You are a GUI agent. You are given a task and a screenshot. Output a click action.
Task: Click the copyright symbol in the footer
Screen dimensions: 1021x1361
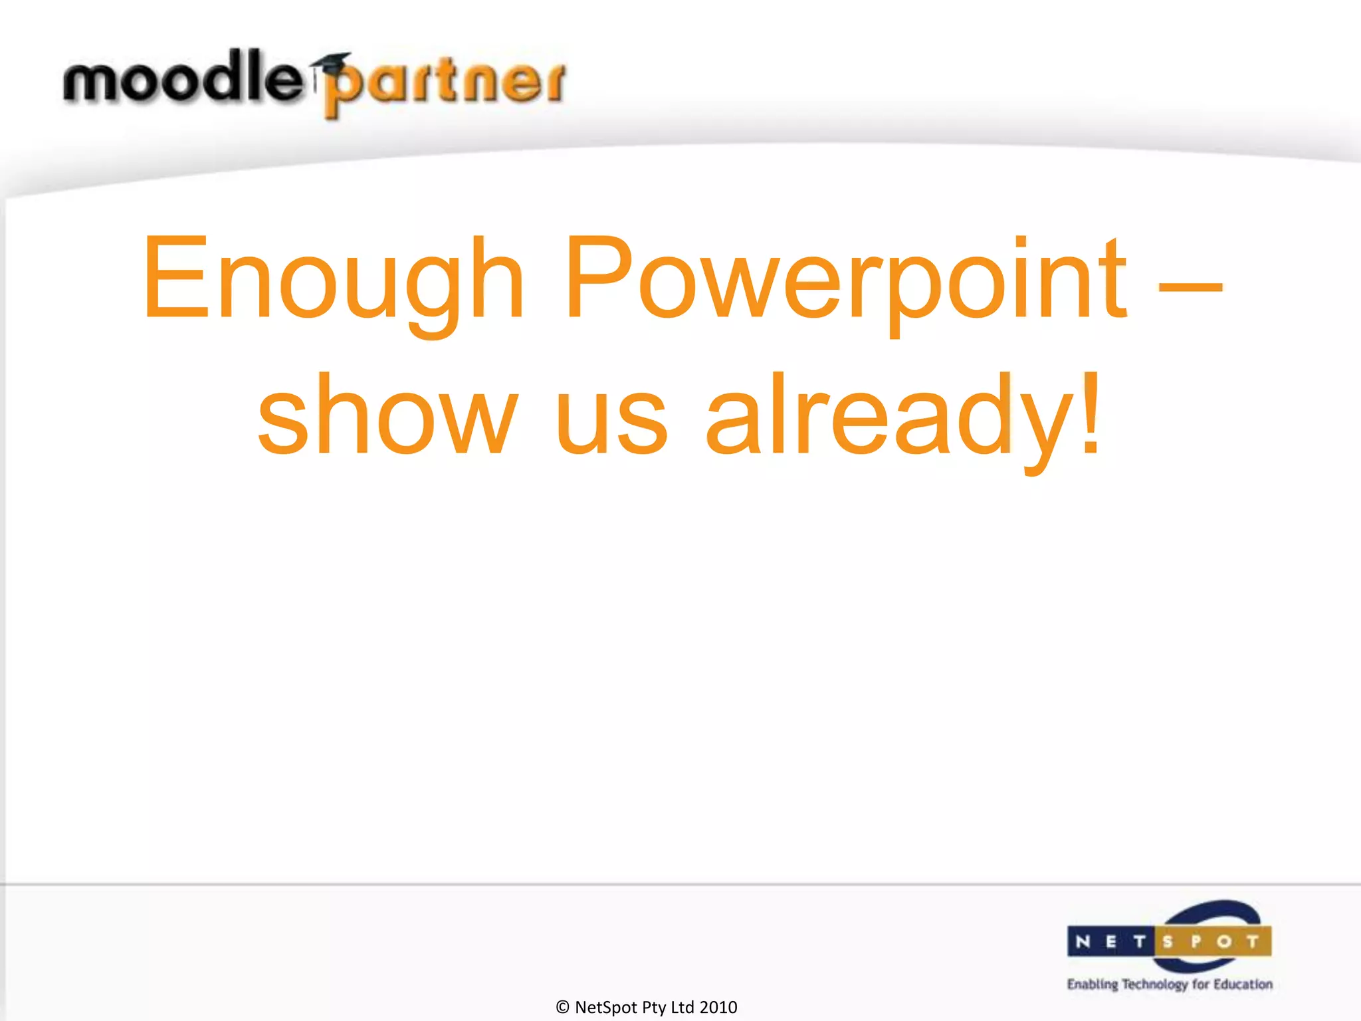point(562,1007)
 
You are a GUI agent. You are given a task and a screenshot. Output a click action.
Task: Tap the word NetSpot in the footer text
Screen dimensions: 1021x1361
point(606,1007)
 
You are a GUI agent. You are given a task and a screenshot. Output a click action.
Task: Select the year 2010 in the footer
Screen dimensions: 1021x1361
point(718,1007)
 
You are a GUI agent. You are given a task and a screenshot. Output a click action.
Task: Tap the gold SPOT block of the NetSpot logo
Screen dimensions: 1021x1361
point(1213,941)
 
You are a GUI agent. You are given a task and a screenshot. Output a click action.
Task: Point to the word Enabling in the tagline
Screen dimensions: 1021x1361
point(1093,984)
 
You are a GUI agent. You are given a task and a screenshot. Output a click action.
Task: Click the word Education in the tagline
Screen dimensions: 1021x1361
point(1243,984)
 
